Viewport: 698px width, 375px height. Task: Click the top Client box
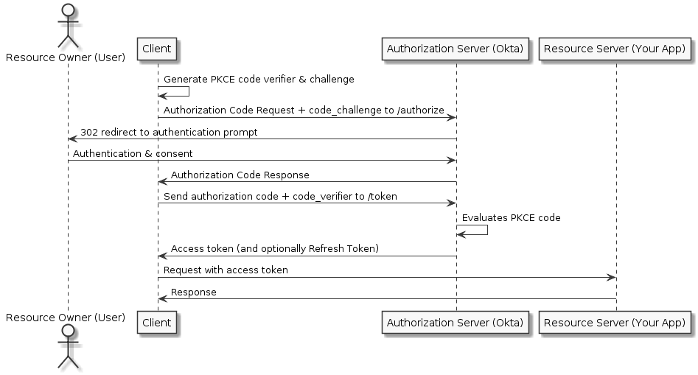(x=157, y=49)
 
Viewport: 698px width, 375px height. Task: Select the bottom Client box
(x=157, y=322)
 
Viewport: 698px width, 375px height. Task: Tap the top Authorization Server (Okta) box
(x=455, y=49)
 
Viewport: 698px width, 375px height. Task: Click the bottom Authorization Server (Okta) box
(x=455, y=322)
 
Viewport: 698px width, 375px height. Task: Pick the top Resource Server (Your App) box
(x=615, y=49)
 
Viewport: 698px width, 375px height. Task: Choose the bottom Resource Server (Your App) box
(x=615, y=322)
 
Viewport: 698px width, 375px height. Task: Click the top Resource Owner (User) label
(x=66, y=57)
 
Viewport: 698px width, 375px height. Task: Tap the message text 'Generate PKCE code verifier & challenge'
(x=259, y=79)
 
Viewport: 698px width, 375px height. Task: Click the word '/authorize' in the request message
(x=422, y=110)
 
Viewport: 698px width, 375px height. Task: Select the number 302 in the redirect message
(x=88, y=132)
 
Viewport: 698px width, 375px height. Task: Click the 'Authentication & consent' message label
(x=133, y=153)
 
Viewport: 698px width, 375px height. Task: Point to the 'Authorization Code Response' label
(x=240, y=175)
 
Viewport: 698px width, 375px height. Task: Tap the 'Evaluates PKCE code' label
(x=511, y=217)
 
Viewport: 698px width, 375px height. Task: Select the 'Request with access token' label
(x=226, y=270)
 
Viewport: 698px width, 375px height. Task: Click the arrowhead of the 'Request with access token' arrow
(x=611, y=277)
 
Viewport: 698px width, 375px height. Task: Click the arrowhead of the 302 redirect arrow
(x=72, y=139)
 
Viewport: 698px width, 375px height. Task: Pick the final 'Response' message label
(x=194, y=292)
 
